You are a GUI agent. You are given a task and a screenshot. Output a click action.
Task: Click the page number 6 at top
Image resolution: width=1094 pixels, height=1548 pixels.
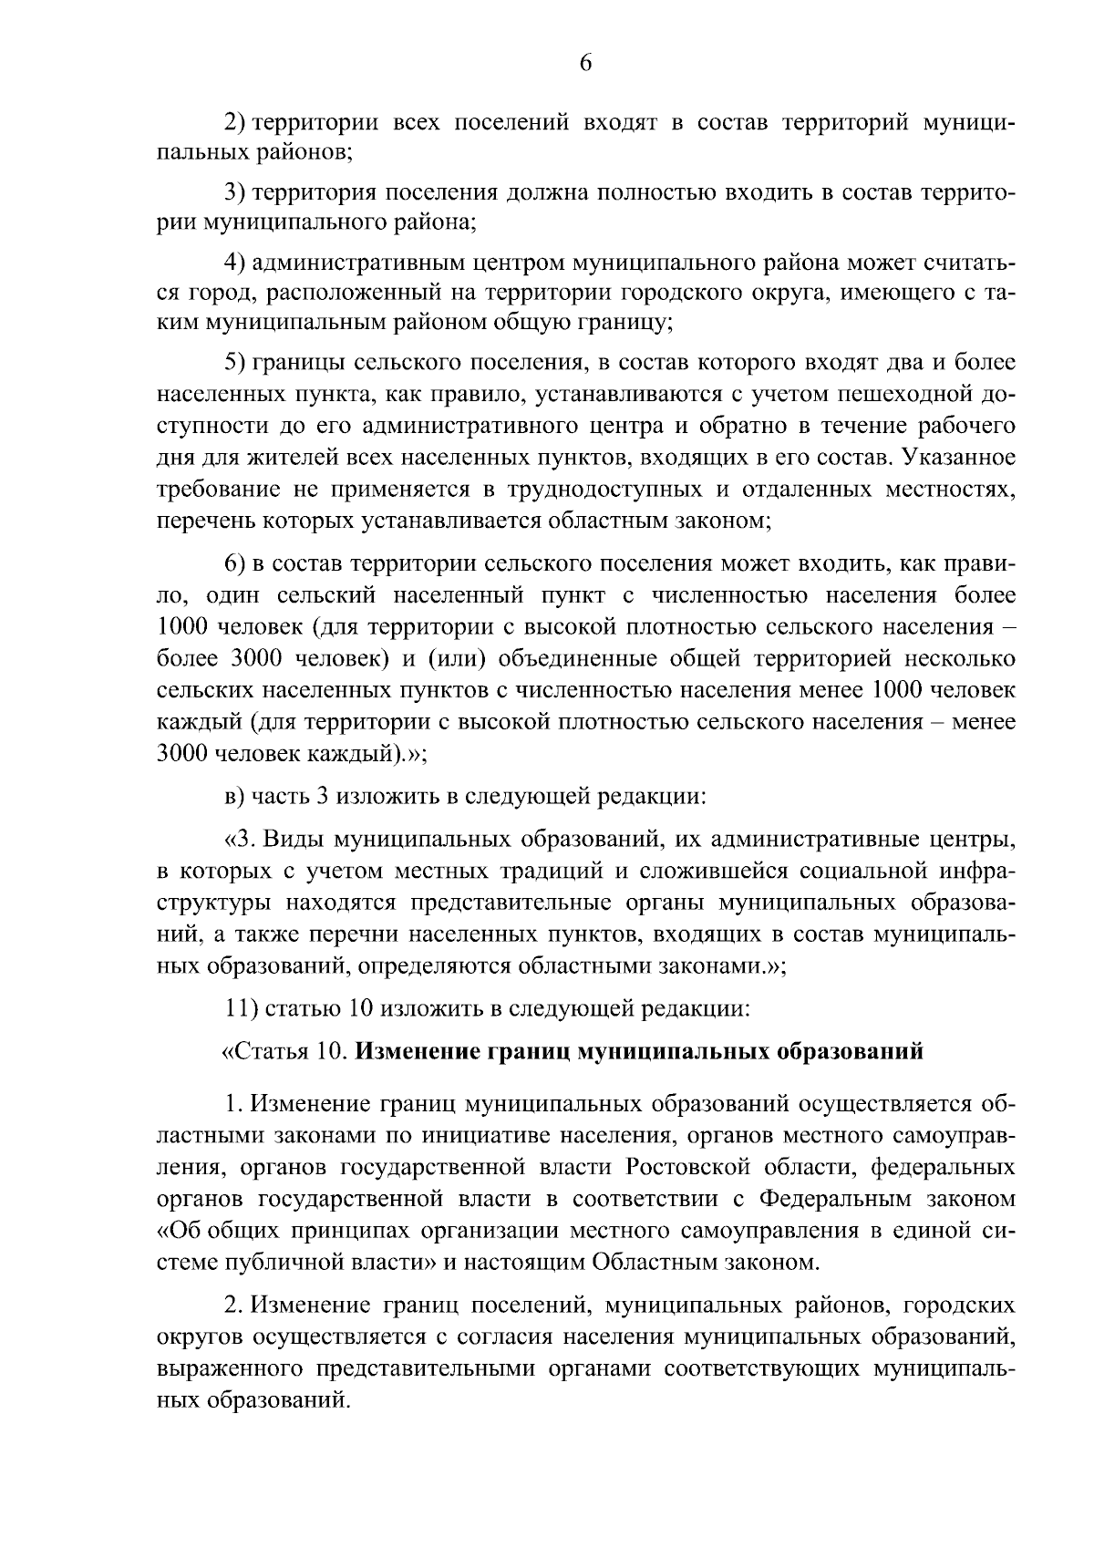[x=585, y=62]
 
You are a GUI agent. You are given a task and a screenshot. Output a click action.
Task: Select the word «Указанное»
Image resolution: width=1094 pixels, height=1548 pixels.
[x=960, y=457]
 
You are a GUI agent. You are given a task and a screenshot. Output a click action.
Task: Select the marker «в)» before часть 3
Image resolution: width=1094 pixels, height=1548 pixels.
[x=235, y=796]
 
